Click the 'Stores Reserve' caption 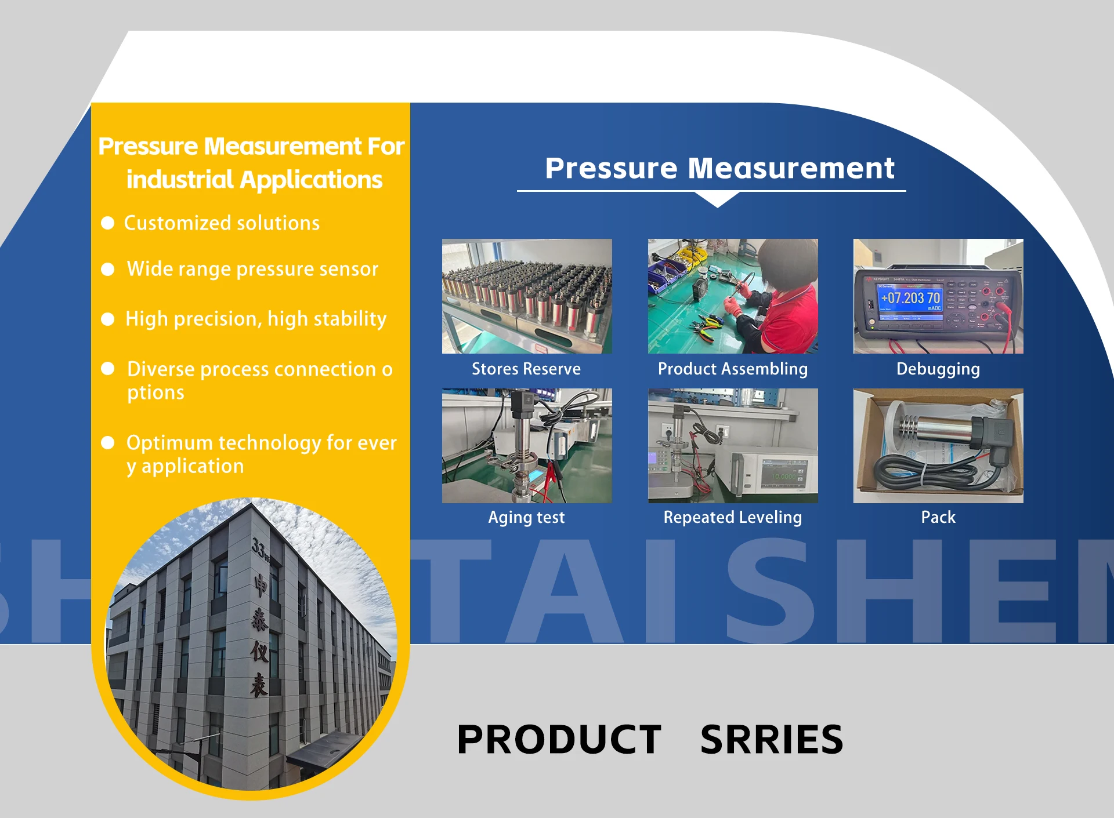coord(526,369)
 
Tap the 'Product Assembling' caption coord(733,369)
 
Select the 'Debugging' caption coord(938,369)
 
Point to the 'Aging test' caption coord(526,517)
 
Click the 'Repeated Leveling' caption coord(733,517)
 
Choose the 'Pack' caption coord(938,517)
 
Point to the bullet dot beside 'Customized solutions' coord(107,223)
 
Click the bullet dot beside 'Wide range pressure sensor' coord(107,269)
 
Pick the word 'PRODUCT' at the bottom coord(559,740)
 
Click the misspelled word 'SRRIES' coord(772,740)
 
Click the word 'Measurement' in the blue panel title coord(791,169)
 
